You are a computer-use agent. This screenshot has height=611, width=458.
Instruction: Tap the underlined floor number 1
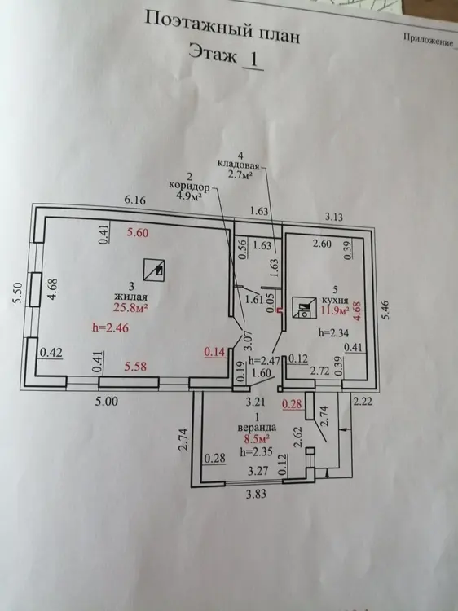[253, 59]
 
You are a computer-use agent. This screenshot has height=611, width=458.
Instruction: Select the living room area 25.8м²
[130, 308]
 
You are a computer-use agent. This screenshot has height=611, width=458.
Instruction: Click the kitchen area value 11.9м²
[334, 310]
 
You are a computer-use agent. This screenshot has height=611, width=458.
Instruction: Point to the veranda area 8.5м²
[258, 439]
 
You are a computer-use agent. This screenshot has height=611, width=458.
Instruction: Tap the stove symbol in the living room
[153, 269]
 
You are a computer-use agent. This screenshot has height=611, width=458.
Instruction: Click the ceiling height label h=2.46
[110, 327]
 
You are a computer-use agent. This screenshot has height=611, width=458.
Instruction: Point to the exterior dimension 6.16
[134, 200]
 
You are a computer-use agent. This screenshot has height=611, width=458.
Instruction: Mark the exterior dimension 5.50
[18, 292]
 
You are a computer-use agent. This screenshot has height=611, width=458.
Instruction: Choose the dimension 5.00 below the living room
[107, 401]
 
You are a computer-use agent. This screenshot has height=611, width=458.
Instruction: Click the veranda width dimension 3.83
[256, 495]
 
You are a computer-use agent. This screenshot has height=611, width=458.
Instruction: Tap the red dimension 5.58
[135, 367]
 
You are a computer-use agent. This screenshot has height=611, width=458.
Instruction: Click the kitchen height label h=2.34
[333, 333]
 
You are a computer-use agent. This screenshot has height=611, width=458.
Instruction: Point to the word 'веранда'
[258, 427]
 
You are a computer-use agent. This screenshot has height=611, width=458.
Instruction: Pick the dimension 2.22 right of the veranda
[362, 401]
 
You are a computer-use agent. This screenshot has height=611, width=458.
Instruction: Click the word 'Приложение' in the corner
[429, 40]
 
